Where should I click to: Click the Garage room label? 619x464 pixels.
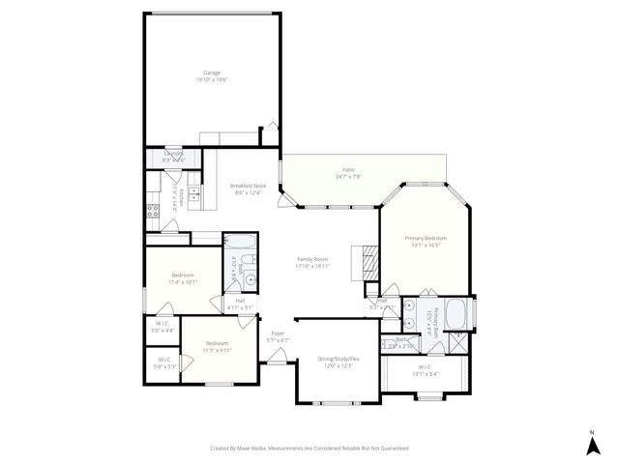(211, 72)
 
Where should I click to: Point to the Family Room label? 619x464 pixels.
(312, 259)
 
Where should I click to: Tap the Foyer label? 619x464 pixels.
(278, 333)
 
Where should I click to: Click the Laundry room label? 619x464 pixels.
(173, 154)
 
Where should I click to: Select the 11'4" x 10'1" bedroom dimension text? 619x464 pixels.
(183, 282)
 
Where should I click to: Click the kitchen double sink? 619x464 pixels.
(193, 195)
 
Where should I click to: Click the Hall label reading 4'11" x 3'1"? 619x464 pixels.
(240, 304)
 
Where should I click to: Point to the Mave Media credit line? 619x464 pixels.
(309, 448)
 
